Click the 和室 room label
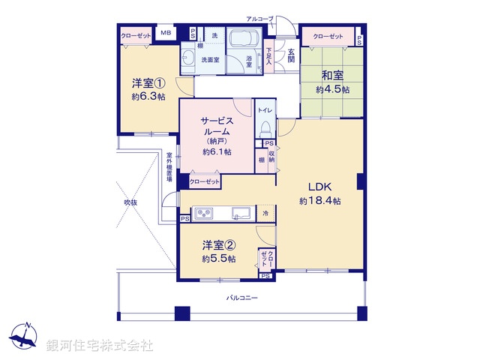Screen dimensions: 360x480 332,76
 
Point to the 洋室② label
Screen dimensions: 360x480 218,245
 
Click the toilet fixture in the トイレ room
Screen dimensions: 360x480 264,130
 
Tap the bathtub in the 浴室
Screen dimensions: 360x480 242,40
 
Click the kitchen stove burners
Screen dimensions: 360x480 205,214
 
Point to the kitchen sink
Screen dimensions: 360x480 241,211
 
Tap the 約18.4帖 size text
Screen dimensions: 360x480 320,201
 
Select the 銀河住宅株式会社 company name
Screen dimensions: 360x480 99,346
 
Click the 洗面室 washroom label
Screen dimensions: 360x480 209,59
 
